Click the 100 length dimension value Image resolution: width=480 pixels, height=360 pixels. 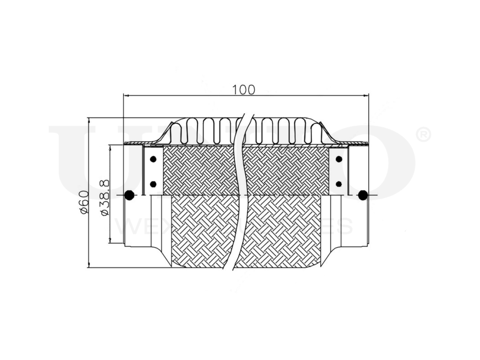pyautogui.click(x=244, y=89)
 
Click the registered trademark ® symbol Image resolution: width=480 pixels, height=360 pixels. pyautogui.click(x=422, y=135)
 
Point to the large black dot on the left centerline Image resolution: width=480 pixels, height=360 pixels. pyautogui.click(x=129, y=195)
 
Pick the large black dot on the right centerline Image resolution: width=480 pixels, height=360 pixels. pyautogui.click(x=363, y=195)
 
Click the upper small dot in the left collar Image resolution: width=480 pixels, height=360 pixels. pyautogui.click(x=153, y=159)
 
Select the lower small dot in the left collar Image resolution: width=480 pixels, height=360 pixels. pyautogui.click(x=153, y=184)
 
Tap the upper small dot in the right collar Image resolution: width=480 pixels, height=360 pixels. pyautogui.click(x=339, y=159)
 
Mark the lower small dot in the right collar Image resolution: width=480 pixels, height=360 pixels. pyautogui.click(x=339, y=184)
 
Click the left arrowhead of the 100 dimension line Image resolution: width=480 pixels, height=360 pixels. pyautogui.click(x=126, y=96)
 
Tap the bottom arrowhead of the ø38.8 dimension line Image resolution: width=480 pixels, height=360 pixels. pyautogui.click(x=110, y=242)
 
